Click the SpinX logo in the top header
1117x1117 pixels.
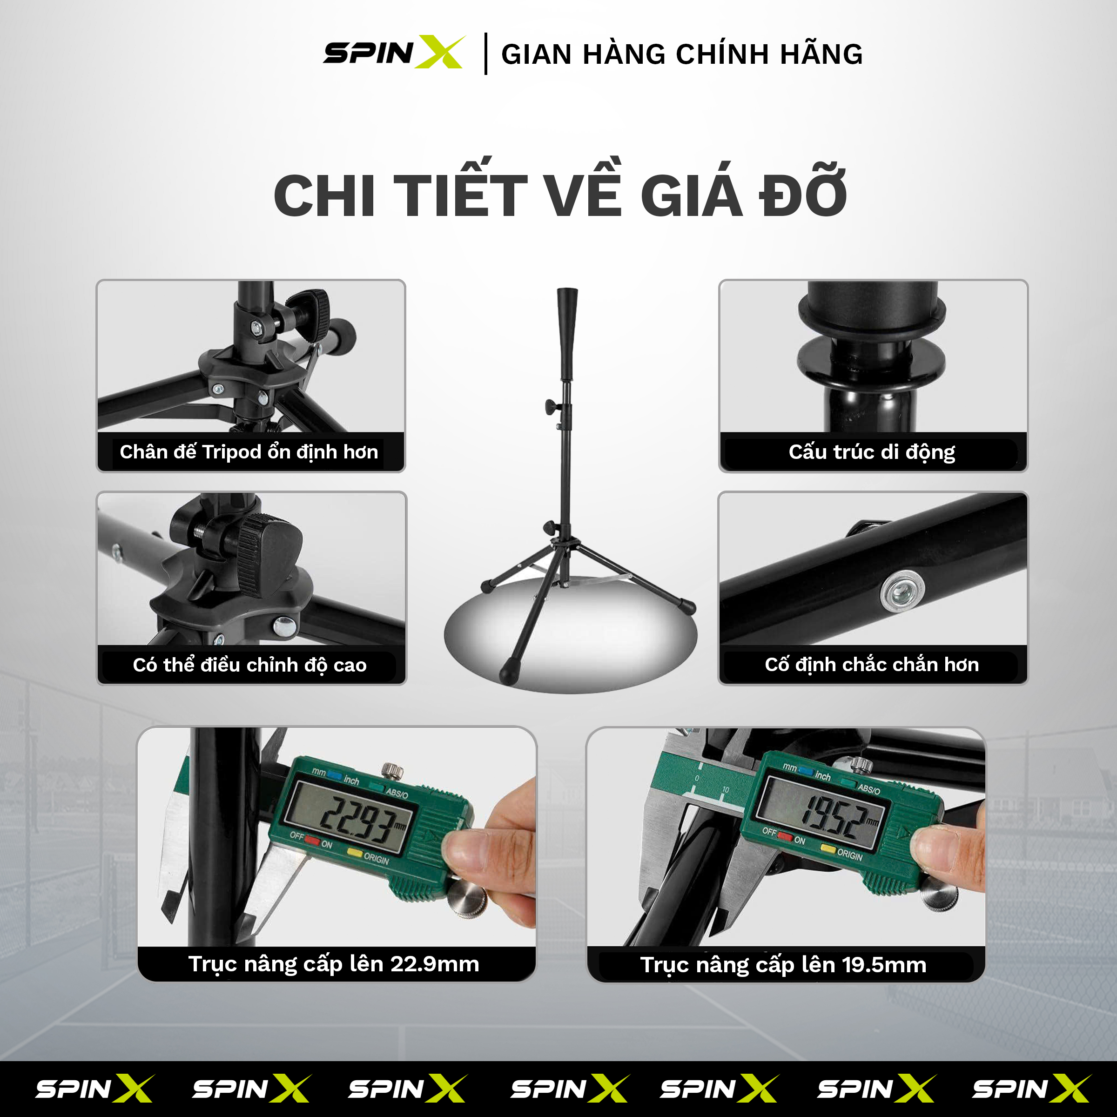click(x=393, y=53)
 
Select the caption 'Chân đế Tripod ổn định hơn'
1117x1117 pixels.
click(x=249, y=451)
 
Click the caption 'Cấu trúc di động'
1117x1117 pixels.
click(x=872, y=451)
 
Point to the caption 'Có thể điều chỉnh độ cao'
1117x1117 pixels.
click(x=250, y=665)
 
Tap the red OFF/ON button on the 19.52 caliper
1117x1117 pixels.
click(x=785, y=835)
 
